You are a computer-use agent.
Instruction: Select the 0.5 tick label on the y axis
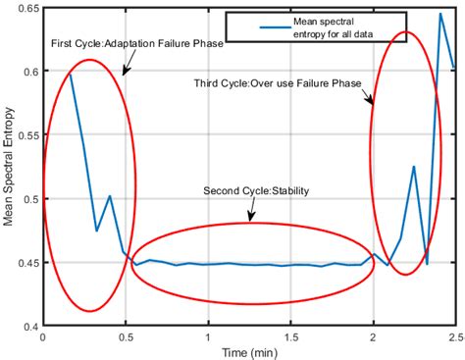point(31,199)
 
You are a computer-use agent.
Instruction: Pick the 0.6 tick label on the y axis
point(31,72)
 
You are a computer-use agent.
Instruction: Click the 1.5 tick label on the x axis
point(290,336)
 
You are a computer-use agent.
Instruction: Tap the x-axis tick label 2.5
point(453,336)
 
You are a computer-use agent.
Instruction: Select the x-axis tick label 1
point(208,336)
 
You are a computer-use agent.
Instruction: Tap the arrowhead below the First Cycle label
point(124,72)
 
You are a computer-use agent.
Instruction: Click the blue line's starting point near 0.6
point(70,75)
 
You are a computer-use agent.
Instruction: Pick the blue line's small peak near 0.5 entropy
point(110,196)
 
